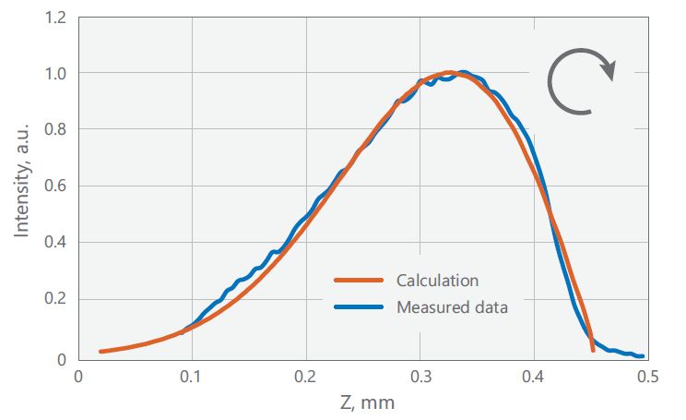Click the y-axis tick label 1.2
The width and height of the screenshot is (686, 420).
[53, 16]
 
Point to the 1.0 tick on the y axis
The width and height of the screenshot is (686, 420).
[53, 73]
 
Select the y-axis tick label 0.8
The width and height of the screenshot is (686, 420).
[53, 130]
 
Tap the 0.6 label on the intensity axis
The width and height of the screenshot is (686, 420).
[53, 186]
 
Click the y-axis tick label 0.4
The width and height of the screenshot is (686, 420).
[53, 243]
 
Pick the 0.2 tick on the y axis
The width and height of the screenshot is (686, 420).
[53, 300]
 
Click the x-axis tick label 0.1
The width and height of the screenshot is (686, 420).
[191, 378]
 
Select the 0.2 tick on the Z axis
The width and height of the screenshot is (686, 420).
[305, 378]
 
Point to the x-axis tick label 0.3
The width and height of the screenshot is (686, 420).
[420, 378]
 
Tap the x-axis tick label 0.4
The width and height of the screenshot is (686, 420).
[534, 378]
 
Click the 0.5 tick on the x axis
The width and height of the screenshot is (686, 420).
[647, 378]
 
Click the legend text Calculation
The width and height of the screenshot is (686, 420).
[437, 280]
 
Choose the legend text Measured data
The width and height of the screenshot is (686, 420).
[452, 306]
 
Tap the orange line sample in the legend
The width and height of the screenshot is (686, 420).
[358, 280]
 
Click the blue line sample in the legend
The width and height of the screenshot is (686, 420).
[358, 306]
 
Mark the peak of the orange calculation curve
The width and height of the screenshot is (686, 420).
[448, 72]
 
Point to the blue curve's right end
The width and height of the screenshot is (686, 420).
[641, 355]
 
